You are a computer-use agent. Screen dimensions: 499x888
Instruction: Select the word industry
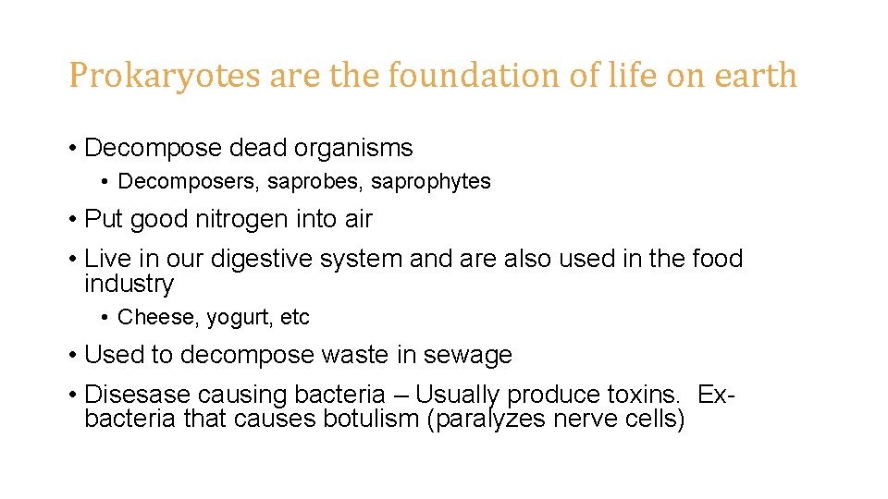point(129,284)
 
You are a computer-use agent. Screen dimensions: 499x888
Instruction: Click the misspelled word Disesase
point(140,395)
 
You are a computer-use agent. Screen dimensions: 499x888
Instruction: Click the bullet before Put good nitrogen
point(71,220)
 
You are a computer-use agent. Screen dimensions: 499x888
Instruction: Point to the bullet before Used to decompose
point(71,356)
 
